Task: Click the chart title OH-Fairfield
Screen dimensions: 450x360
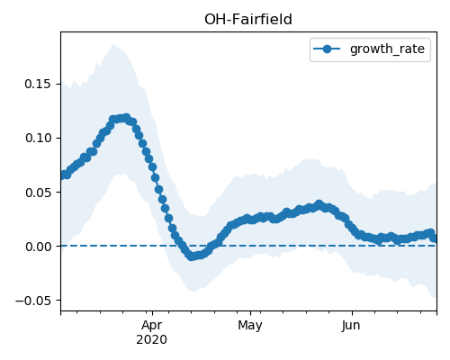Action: (x=248, y=20)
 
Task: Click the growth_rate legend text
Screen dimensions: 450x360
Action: (x=387, y=49)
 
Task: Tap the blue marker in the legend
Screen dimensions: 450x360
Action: (x=327, y=49)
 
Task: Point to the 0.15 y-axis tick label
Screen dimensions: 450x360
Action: (x=38, y=84)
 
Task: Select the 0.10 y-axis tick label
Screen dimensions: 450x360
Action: (x=38, y=138)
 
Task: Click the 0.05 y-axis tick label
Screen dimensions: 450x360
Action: (x=38, y=193)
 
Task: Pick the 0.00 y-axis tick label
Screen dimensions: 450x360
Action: (x=38, y=247)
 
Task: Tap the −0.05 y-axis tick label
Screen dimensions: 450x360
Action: (x=33, y=301)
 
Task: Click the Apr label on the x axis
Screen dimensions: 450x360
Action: (x=152, y=325)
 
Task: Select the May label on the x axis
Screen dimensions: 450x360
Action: (x=250, y=325)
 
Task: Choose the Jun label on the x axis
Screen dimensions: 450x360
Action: (x=351, y=325)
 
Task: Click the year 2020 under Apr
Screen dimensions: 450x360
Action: (x=152, y=339)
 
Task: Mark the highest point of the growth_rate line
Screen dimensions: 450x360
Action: (x=126, y=117)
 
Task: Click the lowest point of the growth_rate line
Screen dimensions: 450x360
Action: (x=191, y=256)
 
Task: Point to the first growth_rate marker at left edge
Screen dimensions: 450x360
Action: (x=63, y=175)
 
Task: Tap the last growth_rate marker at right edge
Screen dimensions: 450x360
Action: (x=434, y=238)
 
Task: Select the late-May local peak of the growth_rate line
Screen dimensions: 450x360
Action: (x=319, y=204)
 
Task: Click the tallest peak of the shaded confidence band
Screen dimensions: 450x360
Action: (x=113, y=45)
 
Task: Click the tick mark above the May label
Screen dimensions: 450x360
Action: (x=250, y=313)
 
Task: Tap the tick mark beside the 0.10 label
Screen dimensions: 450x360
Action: (x=58, y=138)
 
